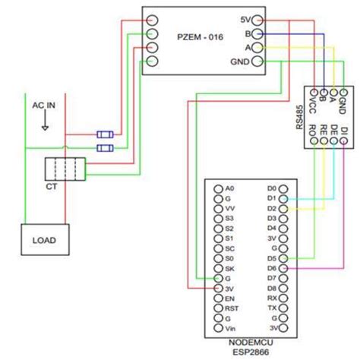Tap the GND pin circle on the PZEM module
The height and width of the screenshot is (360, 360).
coord(258,62)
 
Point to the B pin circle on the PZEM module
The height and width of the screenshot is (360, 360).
coord(258,33)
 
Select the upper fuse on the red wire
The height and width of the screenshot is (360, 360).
coord(105,134)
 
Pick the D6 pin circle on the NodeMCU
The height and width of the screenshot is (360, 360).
coord(283,269)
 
